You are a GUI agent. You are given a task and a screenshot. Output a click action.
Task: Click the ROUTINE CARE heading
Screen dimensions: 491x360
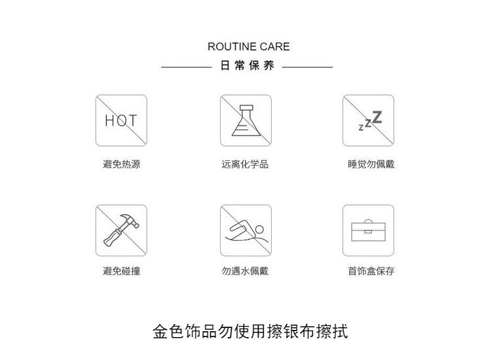tap(248, 47)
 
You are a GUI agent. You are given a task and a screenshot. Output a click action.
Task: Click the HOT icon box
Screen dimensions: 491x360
tap(122, 120)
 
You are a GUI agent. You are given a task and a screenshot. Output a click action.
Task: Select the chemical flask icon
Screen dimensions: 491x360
tap(245, 120)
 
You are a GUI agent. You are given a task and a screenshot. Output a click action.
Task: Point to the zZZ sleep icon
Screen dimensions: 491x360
tap(369, 120)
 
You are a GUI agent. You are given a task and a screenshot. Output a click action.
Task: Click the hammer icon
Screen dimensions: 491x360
tap(122, 230)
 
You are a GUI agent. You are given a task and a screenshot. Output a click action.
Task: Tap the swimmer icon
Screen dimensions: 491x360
tap(245, 230)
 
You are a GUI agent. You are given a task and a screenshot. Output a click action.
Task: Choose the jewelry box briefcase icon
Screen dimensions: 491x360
tap(369, 230)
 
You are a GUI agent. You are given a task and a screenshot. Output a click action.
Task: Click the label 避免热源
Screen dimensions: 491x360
tap(122, 164)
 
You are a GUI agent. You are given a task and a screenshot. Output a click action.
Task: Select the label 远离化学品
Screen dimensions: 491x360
tap(245, 164)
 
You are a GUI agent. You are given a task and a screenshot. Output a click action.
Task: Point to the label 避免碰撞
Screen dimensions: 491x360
tap(122, 271)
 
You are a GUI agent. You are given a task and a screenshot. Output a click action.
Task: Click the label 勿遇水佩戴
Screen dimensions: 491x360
tap(245, 271)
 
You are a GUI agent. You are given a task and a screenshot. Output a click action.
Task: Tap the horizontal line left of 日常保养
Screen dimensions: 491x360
tap(186, 67)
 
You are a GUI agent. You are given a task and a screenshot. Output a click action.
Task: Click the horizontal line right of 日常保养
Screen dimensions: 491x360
tap(308, 67)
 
